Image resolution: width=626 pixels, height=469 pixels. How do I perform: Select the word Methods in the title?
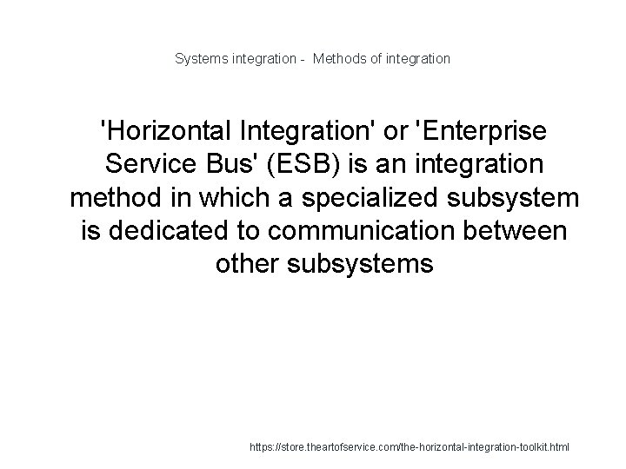tap(343, 59)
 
